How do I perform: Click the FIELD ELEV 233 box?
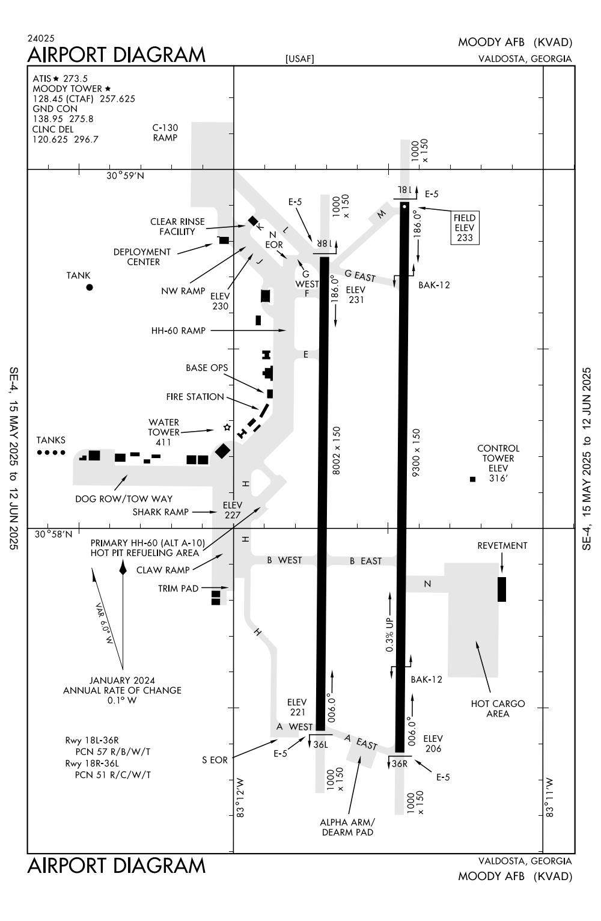465,228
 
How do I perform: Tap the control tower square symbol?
472,479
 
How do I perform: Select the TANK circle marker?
90,287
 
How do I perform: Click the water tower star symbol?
227,427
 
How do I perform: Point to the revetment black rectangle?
502,589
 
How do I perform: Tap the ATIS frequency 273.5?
76,79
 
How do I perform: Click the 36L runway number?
321,744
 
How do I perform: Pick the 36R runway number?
400,764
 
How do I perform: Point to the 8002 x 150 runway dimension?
337,451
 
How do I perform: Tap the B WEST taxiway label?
284,560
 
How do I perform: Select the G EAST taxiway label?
360,276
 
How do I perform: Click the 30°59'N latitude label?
126,176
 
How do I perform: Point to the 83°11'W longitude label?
549,798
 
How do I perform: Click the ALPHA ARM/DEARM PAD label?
347,827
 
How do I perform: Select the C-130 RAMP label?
165,132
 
